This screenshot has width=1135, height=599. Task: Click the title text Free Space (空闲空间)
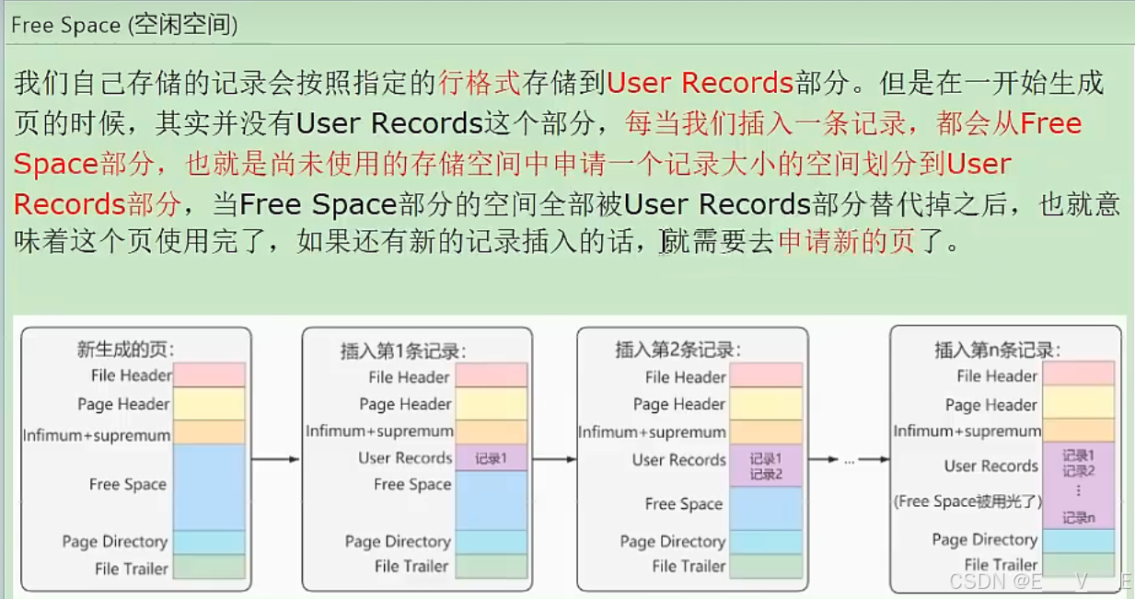[x=124, y=25]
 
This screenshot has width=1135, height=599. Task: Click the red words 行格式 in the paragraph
[x=480, y=84]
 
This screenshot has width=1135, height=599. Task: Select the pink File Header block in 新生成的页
[x=210, y=374]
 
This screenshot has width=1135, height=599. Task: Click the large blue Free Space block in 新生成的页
[x=210, y=487]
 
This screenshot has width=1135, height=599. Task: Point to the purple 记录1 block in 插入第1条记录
[x=491, y=458]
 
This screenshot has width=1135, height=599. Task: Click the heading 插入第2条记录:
[x=678, y=350]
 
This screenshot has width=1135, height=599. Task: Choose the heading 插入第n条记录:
[x=997, y=350]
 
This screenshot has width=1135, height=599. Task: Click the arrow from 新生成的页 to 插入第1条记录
[x=275, y=458]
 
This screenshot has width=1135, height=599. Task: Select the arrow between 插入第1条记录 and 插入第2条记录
[x=553, y=458]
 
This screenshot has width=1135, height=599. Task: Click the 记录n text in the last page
[x=1078, y=517]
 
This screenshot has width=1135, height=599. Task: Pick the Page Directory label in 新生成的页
[x=115, y=541]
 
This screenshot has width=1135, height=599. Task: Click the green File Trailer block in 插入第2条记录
[x=766, y=566]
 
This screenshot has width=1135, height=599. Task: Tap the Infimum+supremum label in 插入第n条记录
[x=967, y=431]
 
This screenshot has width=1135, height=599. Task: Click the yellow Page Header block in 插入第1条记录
[x=491, y=404]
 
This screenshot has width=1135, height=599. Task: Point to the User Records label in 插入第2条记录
[x=679, y=459]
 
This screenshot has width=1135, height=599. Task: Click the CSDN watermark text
[x=1038, y=582]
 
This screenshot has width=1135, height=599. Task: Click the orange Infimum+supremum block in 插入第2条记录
[x=766, y=432]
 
